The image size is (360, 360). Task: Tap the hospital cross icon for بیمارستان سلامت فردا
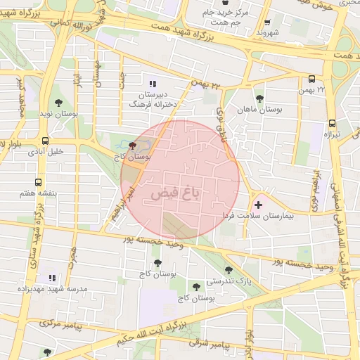(x=258, y=205)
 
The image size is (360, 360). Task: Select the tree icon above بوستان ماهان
(x=260, y=98)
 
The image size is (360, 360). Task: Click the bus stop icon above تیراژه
(x=331, y=121)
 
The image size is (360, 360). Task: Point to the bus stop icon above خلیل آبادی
(x=46, y=140)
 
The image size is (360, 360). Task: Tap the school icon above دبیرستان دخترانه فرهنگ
(x=153, y=82)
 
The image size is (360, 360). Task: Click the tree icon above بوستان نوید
(x=58, y=103)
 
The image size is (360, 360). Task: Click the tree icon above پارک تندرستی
(x=229, y=269)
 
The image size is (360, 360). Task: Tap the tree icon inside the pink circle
(x=134, y=146)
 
